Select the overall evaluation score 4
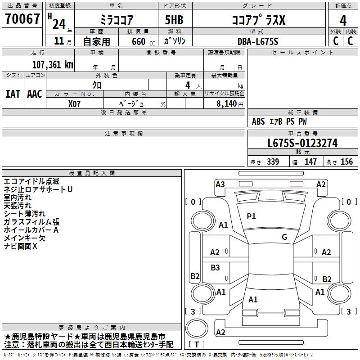tap(343, 20)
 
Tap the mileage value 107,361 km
tap(53, 65)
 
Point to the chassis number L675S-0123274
tap(302, 144)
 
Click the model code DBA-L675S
tap(257, 41)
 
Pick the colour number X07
tap(75, 103)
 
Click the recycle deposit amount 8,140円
tap(230, 103)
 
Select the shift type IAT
tap(13, 94)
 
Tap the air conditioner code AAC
tap(35, 94)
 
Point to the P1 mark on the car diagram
tap(251, 216)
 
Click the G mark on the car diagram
tap(284, 237)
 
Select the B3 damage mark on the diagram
tap(216, 268)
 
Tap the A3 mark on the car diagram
tap(220, 184)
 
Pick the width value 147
tap(310, 162)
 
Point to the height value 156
tap(346, 162)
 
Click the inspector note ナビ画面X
tap(21, 247)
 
